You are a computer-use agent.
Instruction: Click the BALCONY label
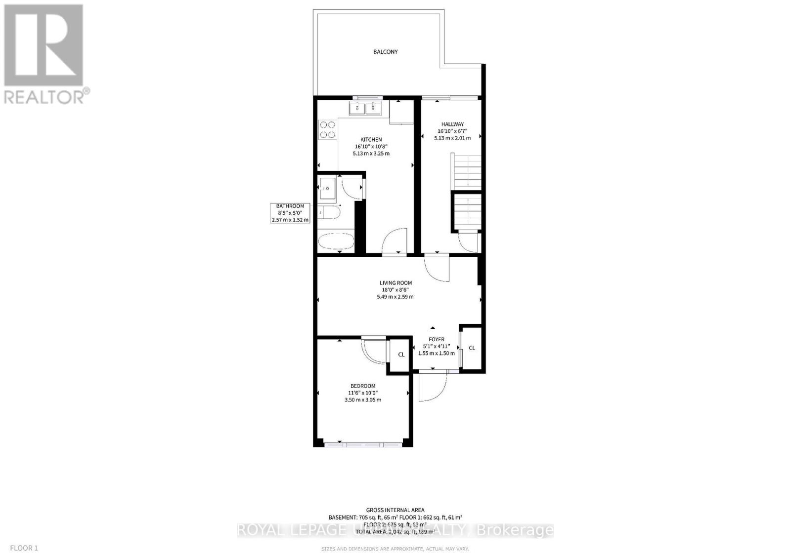(385, 52)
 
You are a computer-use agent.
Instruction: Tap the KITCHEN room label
(371, 140)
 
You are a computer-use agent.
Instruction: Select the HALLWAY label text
(452, 124)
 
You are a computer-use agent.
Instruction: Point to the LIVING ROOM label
(395, 283)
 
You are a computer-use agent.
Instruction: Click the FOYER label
(436, 339)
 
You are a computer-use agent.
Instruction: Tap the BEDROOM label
(362, 386)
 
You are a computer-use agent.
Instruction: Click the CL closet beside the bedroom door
(401, 355)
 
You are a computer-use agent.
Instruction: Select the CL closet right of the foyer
(472, 348)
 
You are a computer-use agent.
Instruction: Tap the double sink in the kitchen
(365, 108)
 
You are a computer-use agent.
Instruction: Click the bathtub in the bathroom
(336, 242)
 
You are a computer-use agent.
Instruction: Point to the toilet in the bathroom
(329, 213)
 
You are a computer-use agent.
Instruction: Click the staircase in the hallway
(466, 193)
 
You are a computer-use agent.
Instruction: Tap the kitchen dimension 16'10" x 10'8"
(371, 147)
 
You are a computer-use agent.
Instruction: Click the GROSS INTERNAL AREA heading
(395, 510)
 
